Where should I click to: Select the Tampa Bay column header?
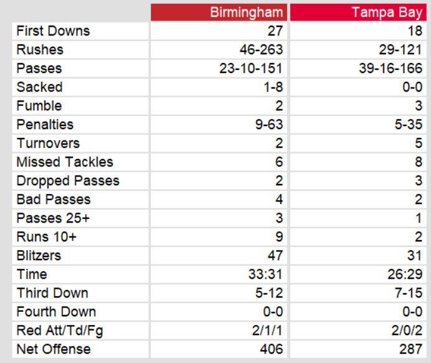click(x=387, y=12)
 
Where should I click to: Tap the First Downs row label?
click(x=53, y=31)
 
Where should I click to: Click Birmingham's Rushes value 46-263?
click(x=261, y=50)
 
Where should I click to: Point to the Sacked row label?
click(x=39, y=87)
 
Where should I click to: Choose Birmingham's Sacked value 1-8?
click(x=273, y=87)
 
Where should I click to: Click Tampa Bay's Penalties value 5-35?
click(x=407, y=125)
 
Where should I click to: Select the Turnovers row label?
click(x=48, y=143)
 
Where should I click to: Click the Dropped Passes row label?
click(x=68, y=181)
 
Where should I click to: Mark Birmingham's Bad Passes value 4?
click(x=278, y=200)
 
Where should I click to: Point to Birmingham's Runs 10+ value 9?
click(x=278, y=237)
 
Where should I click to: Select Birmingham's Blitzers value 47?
click(x=274, y=256)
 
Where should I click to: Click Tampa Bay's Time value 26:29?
click(x=405, y=274)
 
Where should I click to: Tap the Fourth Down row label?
click(x=56, y=312)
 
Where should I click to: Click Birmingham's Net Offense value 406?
click(x=271, y=349)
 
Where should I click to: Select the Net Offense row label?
click(x=53, y=349)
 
